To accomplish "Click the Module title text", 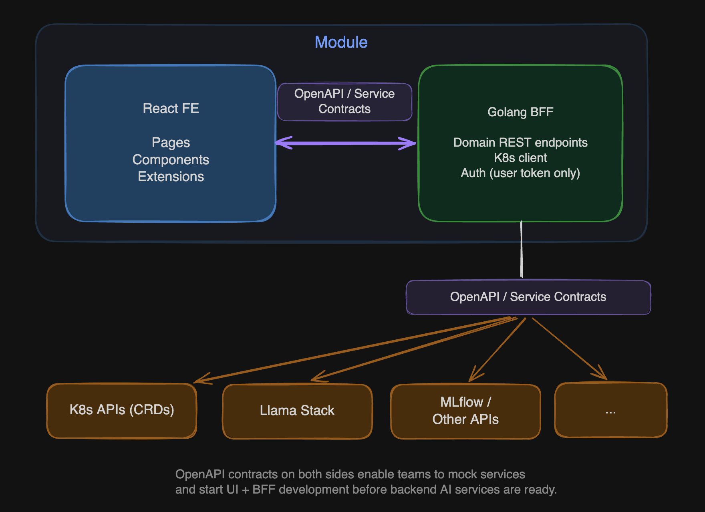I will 341,42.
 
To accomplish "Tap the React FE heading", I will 171,108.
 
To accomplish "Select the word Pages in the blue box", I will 171,142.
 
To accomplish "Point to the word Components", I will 171,159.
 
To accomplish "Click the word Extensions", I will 171,177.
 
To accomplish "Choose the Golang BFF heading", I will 520,112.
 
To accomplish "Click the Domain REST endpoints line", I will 520,142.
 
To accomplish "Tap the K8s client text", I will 520,157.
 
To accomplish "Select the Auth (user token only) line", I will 520,173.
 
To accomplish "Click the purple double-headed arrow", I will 345,143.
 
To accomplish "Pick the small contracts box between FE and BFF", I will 344,101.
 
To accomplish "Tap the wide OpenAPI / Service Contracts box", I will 528,297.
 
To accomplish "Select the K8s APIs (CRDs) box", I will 122,410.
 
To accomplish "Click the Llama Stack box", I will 297,411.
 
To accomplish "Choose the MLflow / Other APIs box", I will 465,411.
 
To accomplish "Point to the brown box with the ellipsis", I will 610,410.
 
